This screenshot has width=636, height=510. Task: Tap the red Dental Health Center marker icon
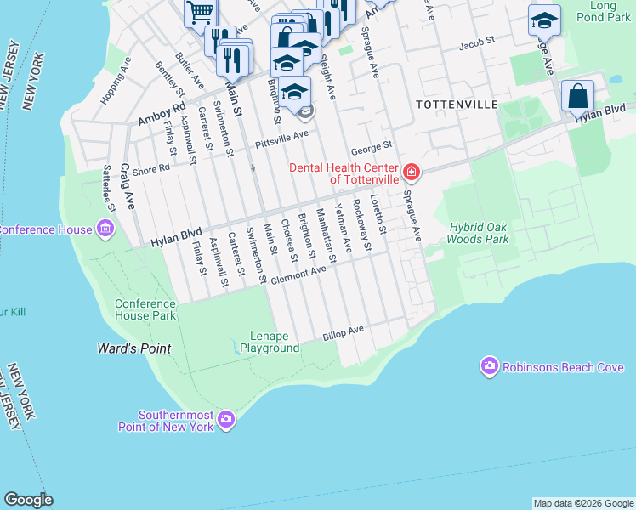pyautogui.click(x=412, y=173)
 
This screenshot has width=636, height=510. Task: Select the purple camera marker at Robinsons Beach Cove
pyautogui.click(x=489, y=366)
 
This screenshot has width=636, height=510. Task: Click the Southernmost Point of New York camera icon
pyautogui.click(x=226, y=418)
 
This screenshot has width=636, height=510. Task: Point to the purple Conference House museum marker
pyautogui.click(x=105, y=229)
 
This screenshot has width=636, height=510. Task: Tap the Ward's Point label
pyautogui.click(x=133, y=348)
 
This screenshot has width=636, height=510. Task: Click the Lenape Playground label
pyautogui.click(x=269, y=342)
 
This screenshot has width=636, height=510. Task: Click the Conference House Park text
pyautogui.click(x=145, y=309)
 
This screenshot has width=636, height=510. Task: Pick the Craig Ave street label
pyautogui.click(x=128, y=187)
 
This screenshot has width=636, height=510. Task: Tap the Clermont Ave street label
pyautogui.click(x=298, y=273)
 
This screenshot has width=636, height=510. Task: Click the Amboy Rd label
pyautogui.click(x=161, y=114)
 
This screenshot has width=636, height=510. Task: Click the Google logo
pyautogui.click(x=28, y=500)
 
